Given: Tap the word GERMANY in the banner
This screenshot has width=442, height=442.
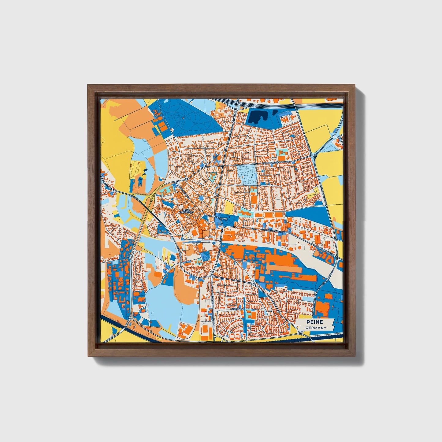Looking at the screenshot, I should [x=316, y=328].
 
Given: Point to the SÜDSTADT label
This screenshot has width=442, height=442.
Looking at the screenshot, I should [x=238, y=309].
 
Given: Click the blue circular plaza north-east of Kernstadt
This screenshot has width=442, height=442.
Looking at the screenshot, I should [x=201, y=199].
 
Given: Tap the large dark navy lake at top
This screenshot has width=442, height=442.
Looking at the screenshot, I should [x=257, y=117].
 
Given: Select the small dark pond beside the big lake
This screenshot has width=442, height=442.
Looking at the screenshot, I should [x=275, y=112].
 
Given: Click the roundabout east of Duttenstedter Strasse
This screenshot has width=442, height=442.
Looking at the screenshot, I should [x=315, y=156].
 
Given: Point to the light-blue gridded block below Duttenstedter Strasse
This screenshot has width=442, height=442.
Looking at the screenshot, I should [x=247, y=175].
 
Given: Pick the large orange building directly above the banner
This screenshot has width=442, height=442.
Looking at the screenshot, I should [x=322, y=307].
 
